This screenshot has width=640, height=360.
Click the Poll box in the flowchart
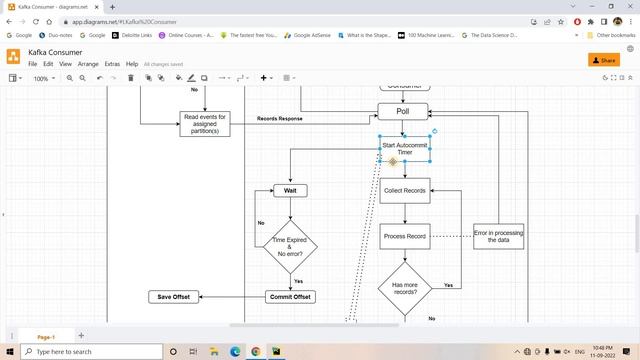pos(403,112)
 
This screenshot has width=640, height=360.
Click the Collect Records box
pos(404,190)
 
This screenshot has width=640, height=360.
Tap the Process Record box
pos(404,237)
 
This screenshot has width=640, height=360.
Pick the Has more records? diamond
pos(404,288)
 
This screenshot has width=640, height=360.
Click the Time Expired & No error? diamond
pos(290,246)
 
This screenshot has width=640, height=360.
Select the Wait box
pos(290,190)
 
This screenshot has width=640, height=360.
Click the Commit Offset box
pos(290,297)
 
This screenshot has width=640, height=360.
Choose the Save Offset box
pos(174,297)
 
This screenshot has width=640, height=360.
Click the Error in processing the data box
pos(498,236)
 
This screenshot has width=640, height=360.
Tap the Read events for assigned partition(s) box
pos(206,123)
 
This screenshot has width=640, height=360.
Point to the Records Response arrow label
pos(280,119)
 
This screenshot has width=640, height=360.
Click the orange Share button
pos(603,60)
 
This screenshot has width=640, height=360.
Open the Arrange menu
pos(88,64)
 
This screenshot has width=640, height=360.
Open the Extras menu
pos(112,64)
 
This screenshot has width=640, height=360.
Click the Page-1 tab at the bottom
pos(46,336)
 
